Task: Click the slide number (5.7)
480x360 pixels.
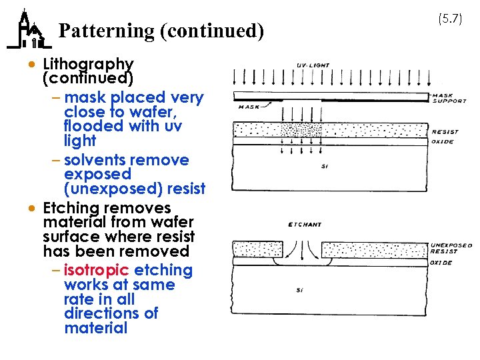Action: (x=450, y=19)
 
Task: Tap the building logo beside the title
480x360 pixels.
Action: (x=28, y=31)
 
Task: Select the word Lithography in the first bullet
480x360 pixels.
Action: (x=88, y=64)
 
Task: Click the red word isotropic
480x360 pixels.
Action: (x=97, y=270)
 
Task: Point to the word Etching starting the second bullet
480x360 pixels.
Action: (x=70, y=208)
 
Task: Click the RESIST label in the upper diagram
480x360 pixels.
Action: (x=445, y=132)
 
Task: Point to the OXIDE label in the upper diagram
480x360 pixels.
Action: (x=443, y=141)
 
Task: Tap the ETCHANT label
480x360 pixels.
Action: (x=304, y=225)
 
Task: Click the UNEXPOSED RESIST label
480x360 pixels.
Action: (x=451, y=248)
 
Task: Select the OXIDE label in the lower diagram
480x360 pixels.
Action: (x=441, y=263)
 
